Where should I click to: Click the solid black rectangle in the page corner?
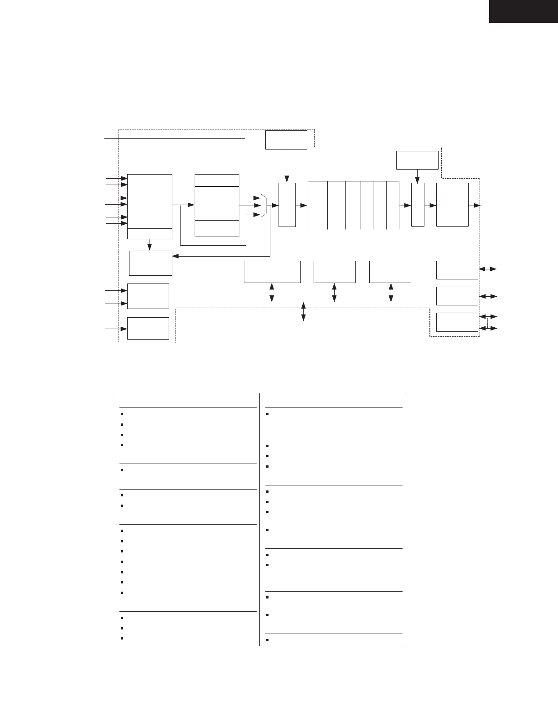point(523,11)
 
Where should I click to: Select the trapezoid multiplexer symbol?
point(263,206)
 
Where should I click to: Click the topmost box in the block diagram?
point(286,139)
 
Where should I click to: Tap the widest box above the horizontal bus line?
point(272,272)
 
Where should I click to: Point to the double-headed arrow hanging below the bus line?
point(304,312)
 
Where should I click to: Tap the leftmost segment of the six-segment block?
point(318,205)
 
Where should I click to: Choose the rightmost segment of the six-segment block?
point(393,205)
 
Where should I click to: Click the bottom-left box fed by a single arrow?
point(148,328)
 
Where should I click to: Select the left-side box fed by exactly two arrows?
point(148,296)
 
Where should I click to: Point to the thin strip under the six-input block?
point(150,233)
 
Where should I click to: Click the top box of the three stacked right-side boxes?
point(457,270)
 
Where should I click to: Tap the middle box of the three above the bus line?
point(335,272)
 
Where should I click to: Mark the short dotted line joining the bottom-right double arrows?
point(488,322)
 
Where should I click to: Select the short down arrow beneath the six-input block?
point(150,245)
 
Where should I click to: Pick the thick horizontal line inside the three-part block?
point(217,186)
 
